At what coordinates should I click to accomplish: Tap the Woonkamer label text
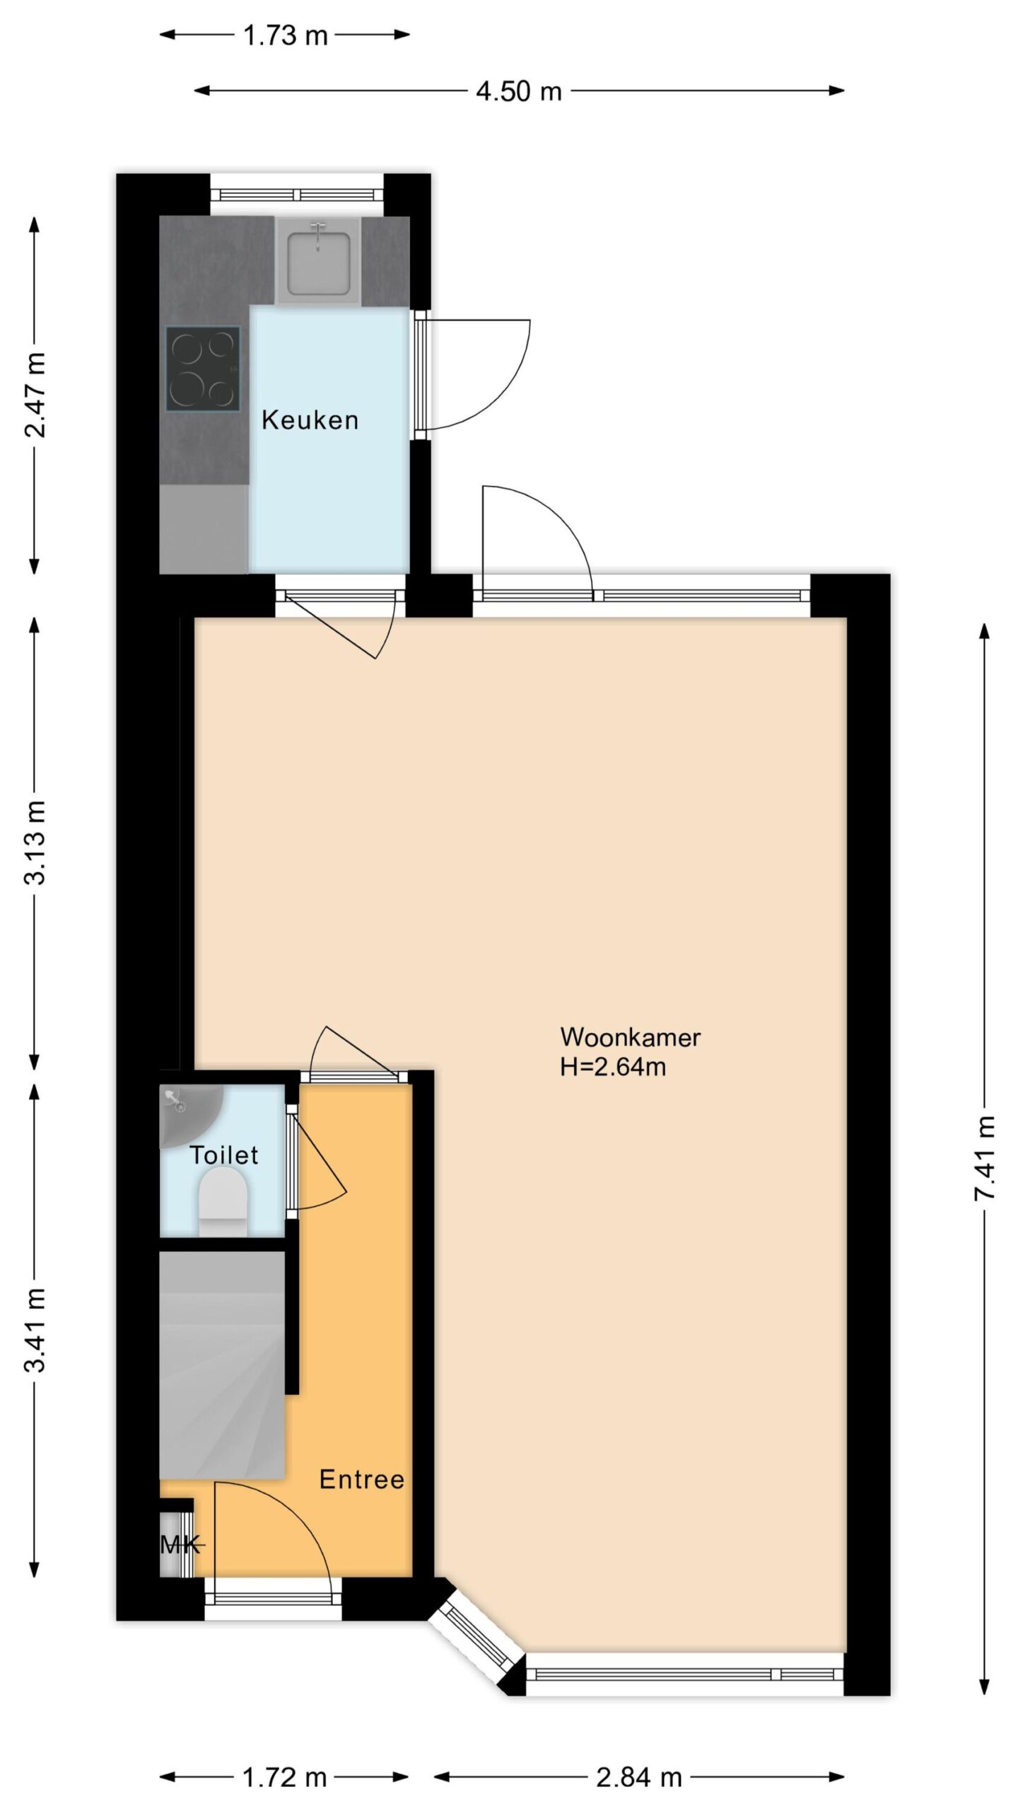tap(630, 1037)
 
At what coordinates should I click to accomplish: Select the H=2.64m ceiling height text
tap(613, 1066)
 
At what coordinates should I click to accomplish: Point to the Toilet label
tap(223, 1155)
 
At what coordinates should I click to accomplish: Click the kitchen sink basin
tap(318, 260)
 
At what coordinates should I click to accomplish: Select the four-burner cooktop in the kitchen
tap(203, 368)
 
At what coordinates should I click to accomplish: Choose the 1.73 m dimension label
tap(286, 35)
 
